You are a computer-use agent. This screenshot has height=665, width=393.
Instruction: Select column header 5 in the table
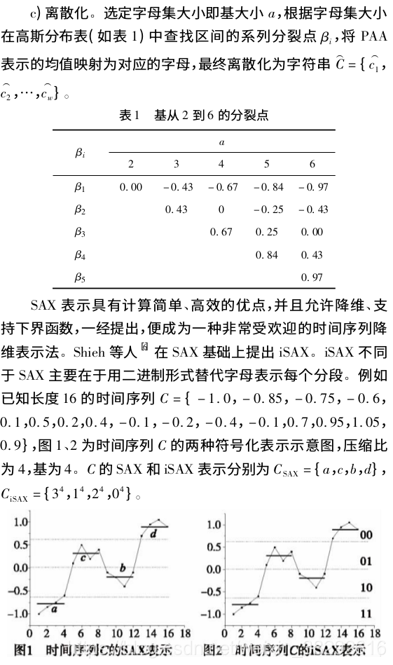click(266, 164)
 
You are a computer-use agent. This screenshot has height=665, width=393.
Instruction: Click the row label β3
click(80, 231)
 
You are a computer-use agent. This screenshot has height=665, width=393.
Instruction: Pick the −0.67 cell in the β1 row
click(221, 187)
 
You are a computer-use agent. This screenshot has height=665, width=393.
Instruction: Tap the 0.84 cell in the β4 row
click(267, 254)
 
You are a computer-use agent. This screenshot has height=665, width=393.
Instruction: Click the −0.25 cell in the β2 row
click(266, 210)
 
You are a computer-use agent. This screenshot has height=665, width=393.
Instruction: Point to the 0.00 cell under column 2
click(131, 187)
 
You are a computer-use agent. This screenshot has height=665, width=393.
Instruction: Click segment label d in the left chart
click(153, 534)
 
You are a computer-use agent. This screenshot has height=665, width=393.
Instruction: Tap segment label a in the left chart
click(54, 608)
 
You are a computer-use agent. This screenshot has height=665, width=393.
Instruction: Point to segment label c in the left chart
click(83, 558)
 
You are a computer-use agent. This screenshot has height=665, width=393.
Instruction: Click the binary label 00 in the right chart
click(366, 535)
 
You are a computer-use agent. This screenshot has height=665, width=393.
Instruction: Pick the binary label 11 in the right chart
click(366, 612)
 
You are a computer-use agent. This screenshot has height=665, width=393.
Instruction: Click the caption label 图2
click(214, 650)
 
